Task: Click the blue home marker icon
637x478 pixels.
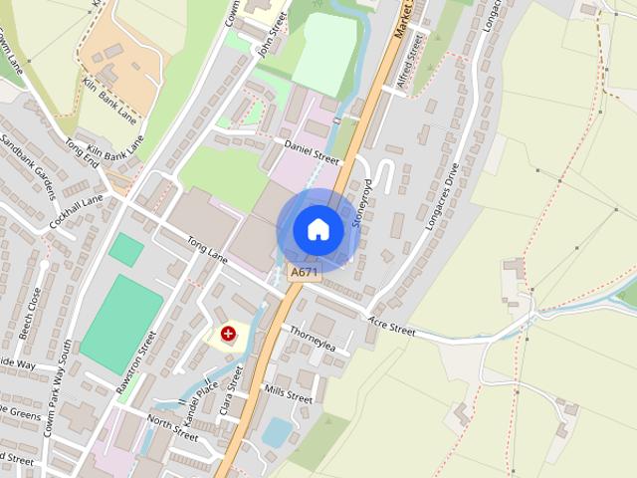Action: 318,230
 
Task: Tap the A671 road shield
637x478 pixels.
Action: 304,272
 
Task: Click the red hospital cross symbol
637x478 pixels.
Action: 229,335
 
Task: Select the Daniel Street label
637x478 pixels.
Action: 312,151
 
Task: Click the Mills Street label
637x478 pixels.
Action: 289,394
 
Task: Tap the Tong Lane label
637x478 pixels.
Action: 207,250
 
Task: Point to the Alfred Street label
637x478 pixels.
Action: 410,61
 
